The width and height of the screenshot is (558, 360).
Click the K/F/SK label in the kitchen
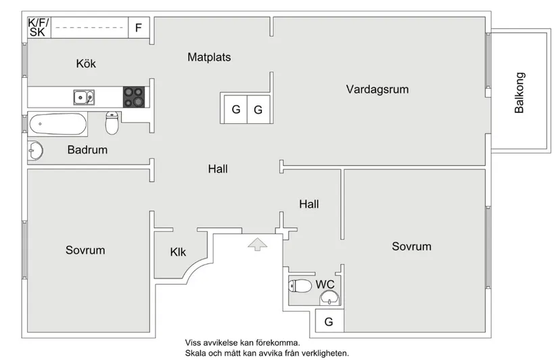[x=37, y=27]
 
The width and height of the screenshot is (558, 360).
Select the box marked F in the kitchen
[x=139, y=28]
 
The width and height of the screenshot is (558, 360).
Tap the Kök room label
[x=86, y=64]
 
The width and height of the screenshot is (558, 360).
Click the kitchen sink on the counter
[x=84, y=97]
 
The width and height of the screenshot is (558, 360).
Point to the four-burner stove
[x=134, y=97]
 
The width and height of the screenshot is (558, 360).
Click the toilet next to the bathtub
[x=112, y=124]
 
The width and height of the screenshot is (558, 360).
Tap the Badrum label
[x=87, y=150]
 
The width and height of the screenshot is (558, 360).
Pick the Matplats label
[x=209, y=58]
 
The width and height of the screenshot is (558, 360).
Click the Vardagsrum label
[x=377, y=89]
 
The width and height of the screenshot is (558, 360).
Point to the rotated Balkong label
[x=519, y=93]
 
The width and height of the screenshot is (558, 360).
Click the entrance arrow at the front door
[x=256, y=244]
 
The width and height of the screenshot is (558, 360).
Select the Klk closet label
[x=178, y=252]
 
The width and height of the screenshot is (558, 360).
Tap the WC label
[x=325, y=284]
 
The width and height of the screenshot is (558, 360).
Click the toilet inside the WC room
[x=301, y=286]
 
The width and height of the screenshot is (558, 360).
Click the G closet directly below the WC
[x=329, y=322]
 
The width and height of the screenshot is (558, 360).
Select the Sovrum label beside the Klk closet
[x=85, y=250]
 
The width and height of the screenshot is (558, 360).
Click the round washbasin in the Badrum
[x=36, y=151]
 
